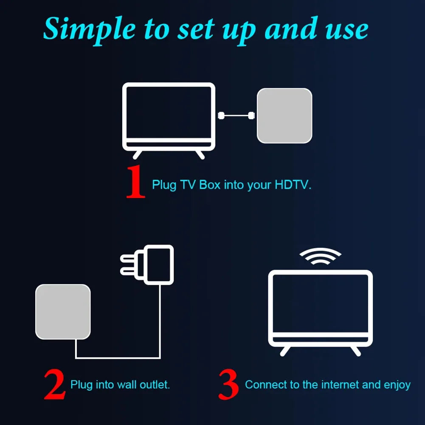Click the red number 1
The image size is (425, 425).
pyautogui.click(x=136, y=182)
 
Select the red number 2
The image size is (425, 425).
pyautogui.click(x=55, y=385)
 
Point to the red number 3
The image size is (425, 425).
pyautogui.click(x=229, y=385)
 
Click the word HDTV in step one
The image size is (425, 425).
pyautogui.click(x=293, y=185)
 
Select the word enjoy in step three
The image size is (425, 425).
pyautogui.click(x=397, y=385)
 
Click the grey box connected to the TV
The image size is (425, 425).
pyautogui.click(x=284, y=115)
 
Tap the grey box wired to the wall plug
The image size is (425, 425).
pyautogui.click(x=63, y=312)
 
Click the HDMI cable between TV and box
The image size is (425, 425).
pyautogui.click(x=236, y=115)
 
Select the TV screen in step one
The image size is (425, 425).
pyautogui.click(x=169, y=111)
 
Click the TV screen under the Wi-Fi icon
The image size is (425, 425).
pyautogui.click(x=320, y=303)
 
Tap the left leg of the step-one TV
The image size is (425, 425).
pyautogui.click(x=137, y=154)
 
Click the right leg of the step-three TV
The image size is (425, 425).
pyautogui.click(x=355, y=351)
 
